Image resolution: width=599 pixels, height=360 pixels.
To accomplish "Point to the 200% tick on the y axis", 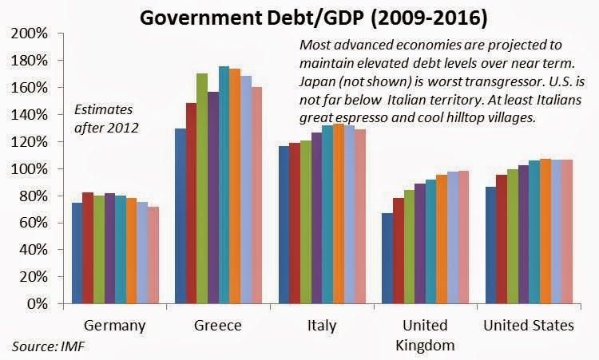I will (30, 34).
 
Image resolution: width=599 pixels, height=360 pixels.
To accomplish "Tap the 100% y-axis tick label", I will (30, 168).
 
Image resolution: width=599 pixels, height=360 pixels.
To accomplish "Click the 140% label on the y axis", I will (30, 115).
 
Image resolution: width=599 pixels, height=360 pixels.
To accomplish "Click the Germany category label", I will (115, 326).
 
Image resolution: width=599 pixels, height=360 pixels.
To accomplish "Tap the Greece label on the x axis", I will (217, 326).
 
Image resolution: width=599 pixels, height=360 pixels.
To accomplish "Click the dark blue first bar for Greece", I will (180, 216).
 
